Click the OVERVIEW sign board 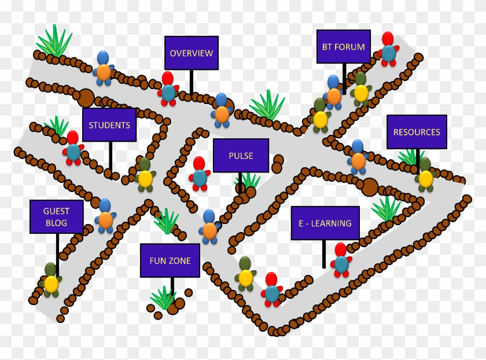[x=192, y=53]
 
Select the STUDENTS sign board [x=109, y=124]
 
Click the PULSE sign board [x=241, y=155]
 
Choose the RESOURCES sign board [x=417, y=132]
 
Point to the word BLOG [x=57, y=223]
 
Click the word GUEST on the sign [x=56, y=211]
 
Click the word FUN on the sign [x=157, y=260]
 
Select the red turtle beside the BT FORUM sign [x=388, y=49]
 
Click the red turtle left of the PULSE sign [x=199, y=174]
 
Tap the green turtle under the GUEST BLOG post [x=51, y=280]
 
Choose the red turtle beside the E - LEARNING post [x=341, y=260]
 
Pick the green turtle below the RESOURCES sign [x=425, y=175]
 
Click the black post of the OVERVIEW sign [x=192, y=82]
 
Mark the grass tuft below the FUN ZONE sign [x=163, y=297]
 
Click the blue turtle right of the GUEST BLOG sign [x=105, y=216]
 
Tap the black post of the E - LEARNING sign [x=324, y=254]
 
